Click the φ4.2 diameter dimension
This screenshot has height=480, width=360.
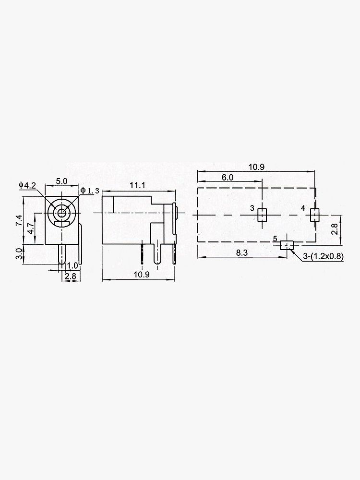tap(27, 185)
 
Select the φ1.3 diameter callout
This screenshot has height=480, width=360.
tap(90, 191)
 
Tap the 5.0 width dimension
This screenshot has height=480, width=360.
tap(61, 181)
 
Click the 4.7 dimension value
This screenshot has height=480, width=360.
tap(30, 228)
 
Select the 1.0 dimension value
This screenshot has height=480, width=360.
tap(72, 265)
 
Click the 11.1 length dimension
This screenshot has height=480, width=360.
tap(137, 185)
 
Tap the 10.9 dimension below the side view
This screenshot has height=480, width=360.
tap(140, 275)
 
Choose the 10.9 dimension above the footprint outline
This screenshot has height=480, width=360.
tap(257, 167)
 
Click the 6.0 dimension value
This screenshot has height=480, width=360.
tap(228, 177)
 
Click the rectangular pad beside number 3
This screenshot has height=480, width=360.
tap(262, 215)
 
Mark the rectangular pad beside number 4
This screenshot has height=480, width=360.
tap(314, 215)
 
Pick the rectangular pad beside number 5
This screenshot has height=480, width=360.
tap(287, 245)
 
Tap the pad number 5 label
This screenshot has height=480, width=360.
tap(275, 239)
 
